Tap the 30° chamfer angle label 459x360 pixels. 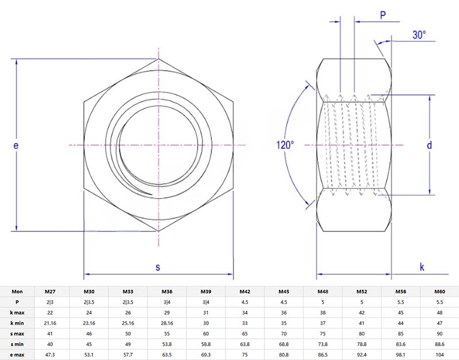point(419,35)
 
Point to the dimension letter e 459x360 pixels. point(17,146)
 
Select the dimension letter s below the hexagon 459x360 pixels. point(158,267)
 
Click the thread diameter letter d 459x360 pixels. point(429,145)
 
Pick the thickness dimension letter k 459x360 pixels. point(422,267)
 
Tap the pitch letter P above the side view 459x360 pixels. point(383,16)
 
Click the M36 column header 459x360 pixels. point(167,291)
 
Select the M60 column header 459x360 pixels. point(439,291)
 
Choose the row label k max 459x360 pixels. point(17,312)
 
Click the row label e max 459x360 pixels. point(17,354)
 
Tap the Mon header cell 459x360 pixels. point(17,291)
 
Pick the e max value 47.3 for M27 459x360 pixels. point(50,354)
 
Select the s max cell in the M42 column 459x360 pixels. point(244,333)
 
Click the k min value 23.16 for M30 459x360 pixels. point(89,323)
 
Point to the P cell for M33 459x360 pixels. point(128,302)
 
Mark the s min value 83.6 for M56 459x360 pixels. point(400,344)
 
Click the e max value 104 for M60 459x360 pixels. point(439,354)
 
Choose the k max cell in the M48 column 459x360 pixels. point(322,312)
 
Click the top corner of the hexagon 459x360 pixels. point(159,59)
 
